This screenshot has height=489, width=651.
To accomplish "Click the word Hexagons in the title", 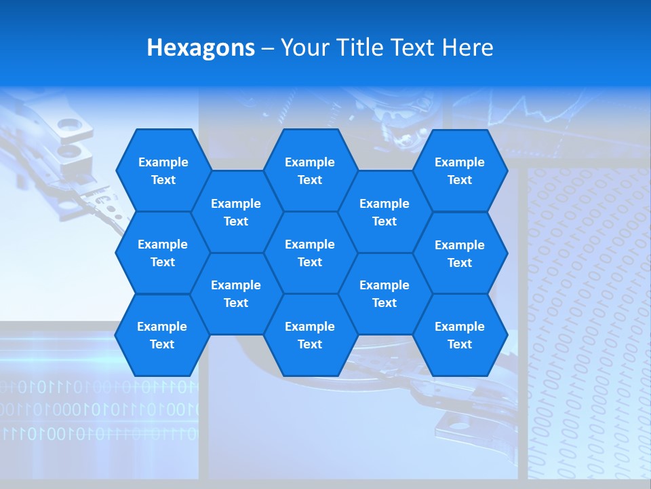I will coord(201,48).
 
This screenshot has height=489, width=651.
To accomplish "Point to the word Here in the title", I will coord(467,48).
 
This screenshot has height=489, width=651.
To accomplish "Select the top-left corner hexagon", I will coord(163,170).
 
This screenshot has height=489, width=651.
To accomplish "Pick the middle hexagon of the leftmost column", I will coord(163,253).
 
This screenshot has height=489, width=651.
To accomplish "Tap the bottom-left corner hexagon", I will coord(162,335).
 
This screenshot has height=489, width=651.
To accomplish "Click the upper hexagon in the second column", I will coord(236,212).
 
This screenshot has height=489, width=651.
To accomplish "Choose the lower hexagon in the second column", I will coord(236,293).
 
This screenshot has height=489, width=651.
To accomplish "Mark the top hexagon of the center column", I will coord(310,170).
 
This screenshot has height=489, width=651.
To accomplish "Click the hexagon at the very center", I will coord(310,253).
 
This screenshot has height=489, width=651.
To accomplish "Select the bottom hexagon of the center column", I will coord(310,335).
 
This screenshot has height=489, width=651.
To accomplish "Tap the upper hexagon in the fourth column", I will coord(384,212).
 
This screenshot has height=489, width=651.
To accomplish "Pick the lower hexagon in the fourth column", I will coord(384,293).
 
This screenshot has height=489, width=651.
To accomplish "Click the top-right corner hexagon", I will coord(460,170).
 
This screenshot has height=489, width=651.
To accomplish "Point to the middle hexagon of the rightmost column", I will coord(460,253).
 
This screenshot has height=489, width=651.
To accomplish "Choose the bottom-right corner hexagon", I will coord(460,335).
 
